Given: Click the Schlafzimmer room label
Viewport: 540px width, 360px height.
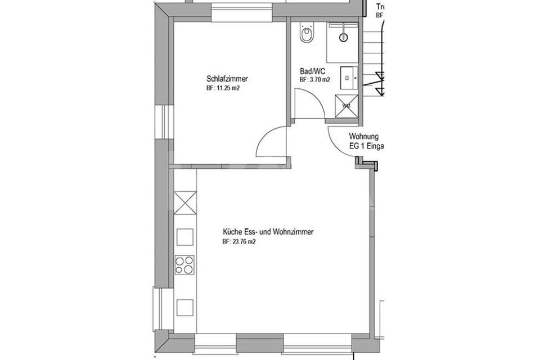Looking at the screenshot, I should pyautogui.click(x=227, y=79).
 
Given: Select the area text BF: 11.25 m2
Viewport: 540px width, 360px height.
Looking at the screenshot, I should pyautogui.click(x=227, y=88).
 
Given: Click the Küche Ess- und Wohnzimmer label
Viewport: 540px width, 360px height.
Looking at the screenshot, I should pyautogui.click(x=268, y=232).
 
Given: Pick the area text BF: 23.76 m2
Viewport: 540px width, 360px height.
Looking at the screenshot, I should pyautogui.click(x=240, y=242).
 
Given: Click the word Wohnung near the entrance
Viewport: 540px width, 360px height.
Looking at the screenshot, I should pyautogui.click(x=363, y=137).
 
